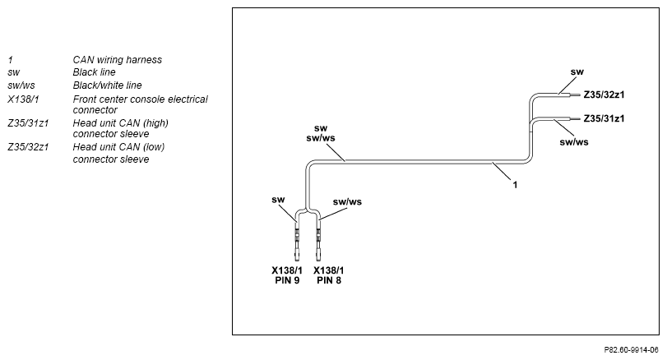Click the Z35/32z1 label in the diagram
(604, 95)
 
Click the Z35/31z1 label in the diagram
(604, 118)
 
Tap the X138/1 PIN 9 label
(287, 275)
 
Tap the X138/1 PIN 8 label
(329, 275)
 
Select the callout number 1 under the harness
(515, 185)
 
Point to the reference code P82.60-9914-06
(631, 350)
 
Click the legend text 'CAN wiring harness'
(118, 60)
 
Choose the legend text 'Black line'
(94, 72)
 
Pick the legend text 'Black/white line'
(107, 85)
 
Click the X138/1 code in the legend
(23, 99)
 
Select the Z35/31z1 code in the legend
(28, 123)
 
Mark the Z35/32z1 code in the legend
(28, 147)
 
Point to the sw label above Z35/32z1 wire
(577, 72)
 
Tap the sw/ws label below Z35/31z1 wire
(574, 142)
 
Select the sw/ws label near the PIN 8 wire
(347, 202)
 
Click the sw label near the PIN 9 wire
(278, 200)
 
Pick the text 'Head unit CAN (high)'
(120, 123)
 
